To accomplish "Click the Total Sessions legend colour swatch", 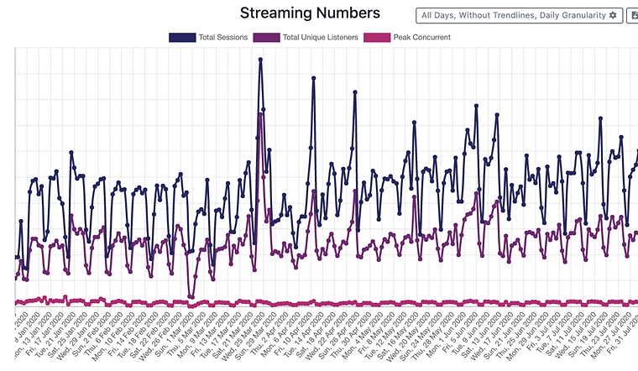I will pyautogui.click(x=182, y=38).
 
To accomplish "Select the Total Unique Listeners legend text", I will pyautogui.click(x=320, y=38).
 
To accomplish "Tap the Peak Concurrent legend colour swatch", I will pyautogui.click(x=377, y=38).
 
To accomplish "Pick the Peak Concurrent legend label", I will pyautogui.click(x=421, y=38).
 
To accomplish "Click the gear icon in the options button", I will pyautogui.click(x=612, y=15).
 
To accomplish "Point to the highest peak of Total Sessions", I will pyautogui.click(x=260, y=60).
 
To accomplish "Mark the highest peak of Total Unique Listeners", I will pyautogui.click(x=260, y=114).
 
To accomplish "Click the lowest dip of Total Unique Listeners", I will pyautogui.click(x=191, y=296).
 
